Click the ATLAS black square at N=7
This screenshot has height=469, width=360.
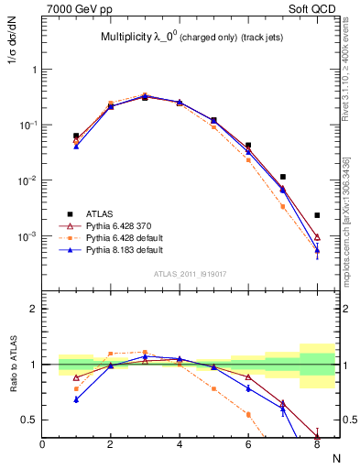click(x=283, y=177)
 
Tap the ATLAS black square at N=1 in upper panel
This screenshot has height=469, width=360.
click(x=77, y=136)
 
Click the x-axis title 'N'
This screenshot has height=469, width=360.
click(x=335, y=457)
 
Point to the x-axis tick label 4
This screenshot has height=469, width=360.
click(x=180, y=444)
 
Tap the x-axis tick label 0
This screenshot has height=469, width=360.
click(x=43, y=444)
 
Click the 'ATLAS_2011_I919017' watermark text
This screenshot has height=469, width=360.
click(x=190, y=273)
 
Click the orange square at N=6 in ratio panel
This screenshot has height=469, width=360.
click(x=248, y=414)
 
